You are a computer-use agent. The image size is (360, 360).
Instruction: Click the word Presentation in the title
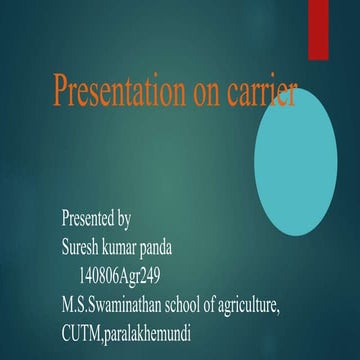tap(118, 95)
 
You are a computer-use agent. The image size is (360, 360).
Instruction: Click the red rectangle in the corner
tap(318, 29)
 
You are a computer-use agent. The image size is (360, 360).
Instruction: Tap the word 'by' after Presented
tap(124, 217)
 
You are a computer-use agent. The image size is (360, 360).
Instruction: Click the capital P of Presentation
tap(60, 94)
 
